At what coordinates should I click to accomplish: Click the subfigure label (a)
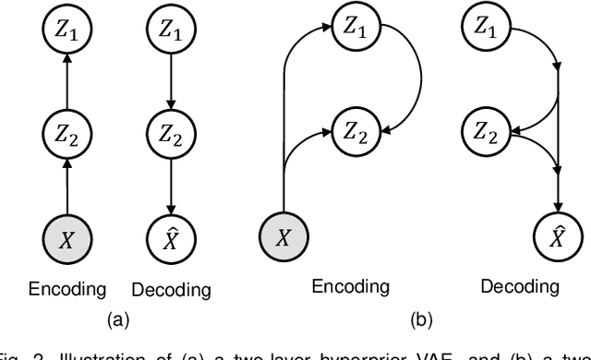tap(117, 320)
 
